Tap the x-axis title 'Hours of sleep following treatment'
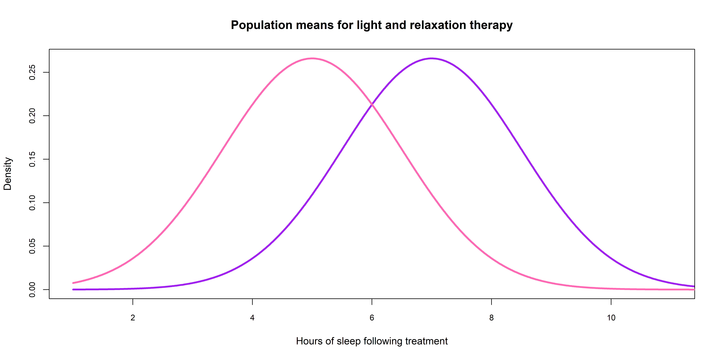pyautogui.click(x=372, y=341)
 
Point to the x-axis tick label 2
pyautogui.click(x=133, y=318)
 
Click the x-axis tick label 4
pyautogui.click(x=252, y=318)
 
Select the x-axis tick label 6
pyautogui.click(x=372, y=318)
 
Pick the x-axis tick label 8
pyautogui.click(x=491, y=318)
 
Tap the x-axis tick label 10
pyautogui.click(x=611, y=318)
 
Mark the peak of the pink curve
pyautogui.click(x=312, y=58)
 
